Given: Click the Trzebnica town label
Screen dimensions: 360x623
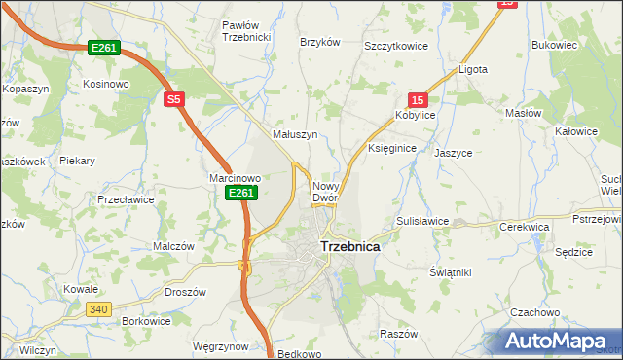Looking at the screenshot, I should (x=349, y=247).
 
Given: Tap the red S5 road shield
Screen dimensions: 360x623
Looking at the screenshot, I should (x=173, y=99).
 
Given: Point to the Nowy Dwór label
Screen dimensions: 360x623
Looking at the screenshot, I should (x=324, y=192).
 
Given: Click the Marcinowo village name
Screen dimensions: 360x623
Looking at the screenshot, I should (x=236, y=178).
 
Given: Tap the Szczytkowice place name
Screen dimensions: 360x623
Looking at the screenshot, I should (x=396, y=46).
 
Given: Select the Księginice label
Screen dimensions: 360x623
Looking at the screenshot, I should (x=392, y=148).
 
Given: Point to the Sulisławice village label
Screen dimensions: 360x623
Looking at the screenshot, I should (x=422, y=221).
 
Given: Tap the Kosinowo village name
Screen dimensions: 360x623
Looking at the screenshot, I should (x=106, y=85).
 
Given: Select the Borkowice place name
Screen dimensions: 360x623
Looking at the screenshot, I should (x=147, y=321).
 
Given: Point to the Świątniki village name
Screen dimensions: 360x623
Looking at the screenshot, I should (x=450, y=273).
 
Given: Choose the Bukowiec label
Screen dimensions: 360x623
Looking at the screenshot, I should (x=555, y=45).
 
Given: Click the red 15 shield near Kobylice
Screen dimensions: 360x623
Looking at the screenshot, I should (x=417, y=99).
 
